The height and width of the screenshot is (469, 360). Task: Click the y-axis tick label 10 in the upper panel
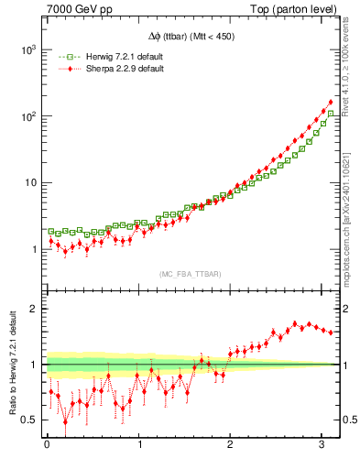pos(31,183)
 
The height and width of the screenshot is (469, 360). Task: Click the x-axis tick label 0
pos(47,444)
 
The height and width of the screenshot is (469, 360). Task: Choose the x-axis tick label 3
pos(322,444)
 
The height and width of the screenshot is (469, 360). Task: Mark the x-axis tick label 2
pos(231,444)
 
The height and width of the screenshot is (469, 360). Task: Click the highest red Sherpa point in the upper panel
pos(330,102)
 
